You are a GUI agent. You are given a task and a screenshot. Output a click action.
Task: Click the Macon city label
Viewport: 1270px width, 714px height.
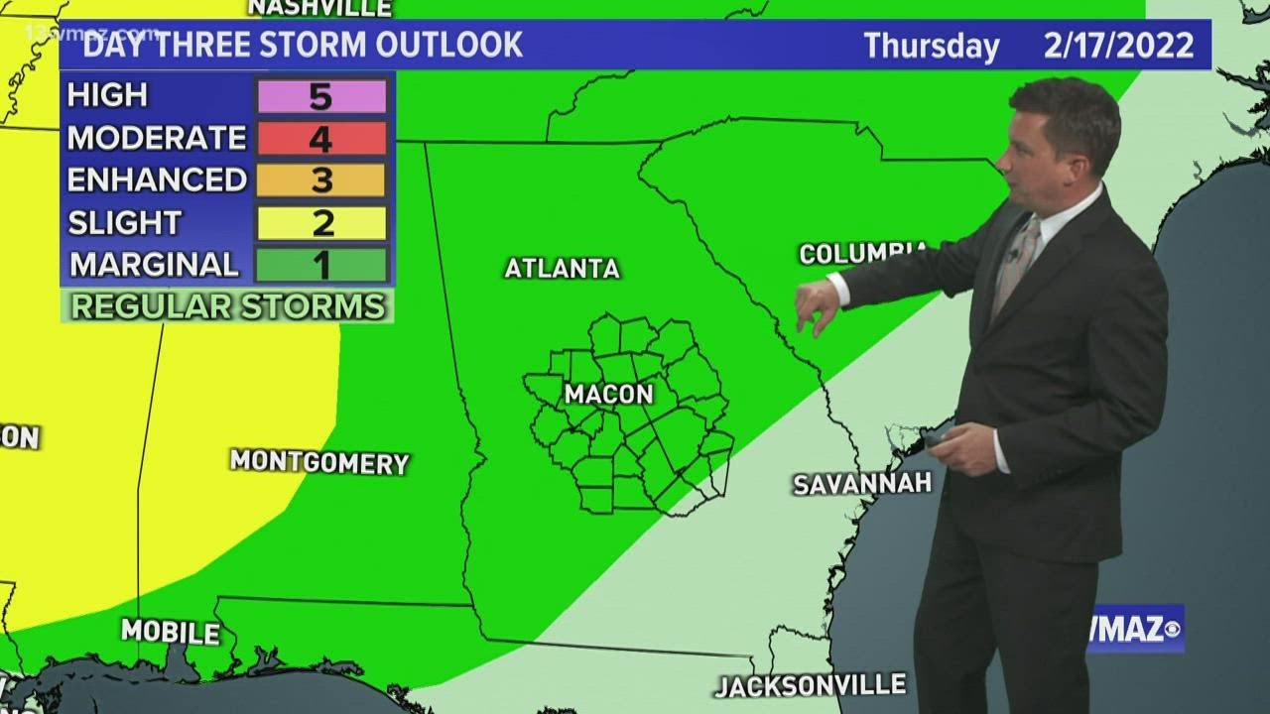[x=609, y=394]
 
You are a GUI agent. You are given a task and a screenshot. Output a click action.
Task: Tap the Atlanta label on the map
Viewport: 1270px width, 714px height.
[x=562, y=268]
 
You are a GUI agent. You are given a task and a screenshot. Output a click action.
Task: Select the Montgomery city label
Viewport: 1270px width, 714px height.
[x=319, y=461]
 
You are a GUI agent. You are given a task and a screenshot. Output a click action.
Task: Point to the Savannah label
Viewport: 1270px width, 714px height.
[x=862, y=483]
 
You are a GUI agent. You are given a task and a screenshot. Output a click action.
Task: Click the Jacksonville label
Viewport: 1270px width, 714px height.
[x=811, y=685]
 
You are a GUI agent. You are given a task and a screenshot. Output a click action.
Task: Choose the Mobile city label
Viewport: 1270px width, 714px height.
[x=171, y=632]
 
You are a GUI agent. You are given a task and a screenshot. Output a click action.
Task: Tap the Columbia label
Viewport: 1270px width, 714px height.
[x=863, y=252]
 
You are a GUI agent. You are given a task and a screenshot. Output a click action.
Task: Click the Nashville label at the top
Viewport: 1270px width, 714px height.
[x=319, y=8]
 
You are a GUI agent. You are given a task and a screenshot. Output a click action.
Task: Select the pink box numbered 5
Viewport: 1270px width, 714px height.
[x=321, y=96]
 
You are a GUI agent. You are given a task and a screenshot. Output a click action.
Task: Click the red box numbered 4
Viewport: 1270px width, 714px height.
[x=321, y=139]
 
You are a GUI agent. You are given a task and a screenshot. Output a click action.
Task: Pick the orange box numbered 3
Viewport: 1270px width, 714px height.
[x=321, y=180]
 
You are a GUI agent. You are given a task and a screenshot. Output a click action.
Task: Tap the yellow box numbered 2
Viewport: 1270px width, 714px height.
[x=321, y=223]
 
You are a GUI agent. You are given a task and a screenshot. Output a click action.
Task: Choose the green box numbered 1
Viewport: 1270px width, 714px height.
[x=321, y=265]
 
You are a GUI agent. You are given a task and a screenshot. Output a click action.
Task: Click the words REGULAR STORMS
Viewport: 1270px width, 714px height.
[x=227, y=306]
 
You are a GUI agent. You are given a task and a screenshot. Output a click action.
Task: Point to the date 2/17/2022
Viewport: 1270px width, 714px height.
[x=1118, y=46]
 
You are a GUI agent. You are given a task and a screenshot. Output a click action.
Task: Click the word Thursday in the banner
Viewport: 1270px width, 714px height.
[x=931, y=46]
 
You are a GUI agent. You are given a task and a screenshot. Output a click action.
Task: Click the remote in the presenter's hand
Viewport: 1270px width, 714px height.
[x=934, y=436]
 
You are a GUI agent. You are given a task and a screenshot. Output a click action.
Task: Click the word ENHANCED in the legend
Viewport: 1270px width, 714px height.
[x=157, y=179]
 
